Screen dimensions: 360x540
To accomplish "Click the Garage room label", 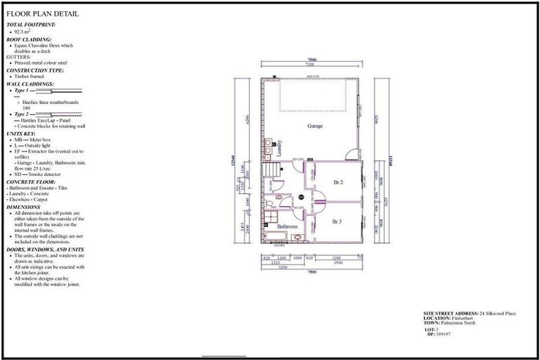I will pos(314,126).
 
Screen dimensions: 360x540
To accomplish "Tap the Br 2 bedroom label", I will pos(337,182).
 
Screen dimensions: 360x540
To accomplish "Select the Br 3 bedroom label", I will pos(337,221).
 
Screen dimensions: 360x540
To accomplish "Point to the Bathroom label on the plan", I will pos(287,227).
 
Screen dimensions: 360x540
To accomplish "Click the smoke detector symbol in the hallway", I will pos(301,198).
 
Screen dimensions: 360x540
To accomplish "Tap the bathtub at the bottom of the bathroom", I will pos(278,237).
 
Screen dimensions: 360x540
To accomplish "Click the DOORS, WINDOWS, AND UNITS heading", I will pos(45,249).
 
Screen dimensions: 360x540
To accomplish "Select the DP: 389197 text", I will pos(440,334).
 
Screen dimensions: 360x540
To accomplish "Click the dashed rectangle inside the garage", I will pos(314,95).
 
